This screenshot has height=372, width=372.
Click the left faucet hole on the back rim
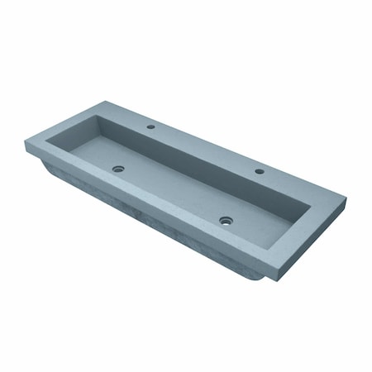[152, 127]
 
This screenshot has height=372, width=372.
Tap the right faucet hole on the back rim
[259, 171]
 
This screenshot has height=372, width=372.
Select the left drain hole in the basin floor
[118, 169]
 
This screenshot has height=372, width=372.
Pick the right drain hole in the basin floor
[225, 220]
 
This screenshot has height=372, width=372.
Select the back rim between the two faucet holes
[207, 147]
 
